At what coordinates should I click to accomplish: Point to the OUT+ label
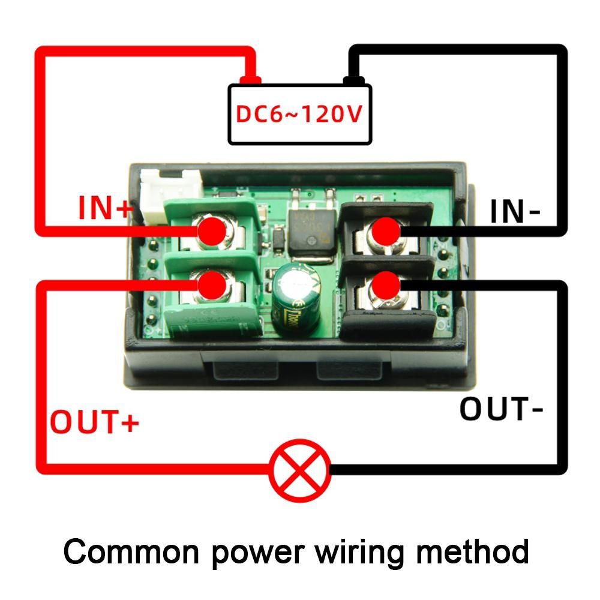pos(94,422)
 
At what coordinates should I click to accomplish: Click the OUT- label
pos(502,409)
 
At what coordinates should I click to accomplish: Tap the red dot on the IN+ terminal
pos(212,232)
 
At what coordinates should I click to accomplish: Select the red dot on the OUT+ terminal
pos(212,284)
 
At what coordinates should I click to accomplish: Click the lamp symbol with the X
pos(299,470)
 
